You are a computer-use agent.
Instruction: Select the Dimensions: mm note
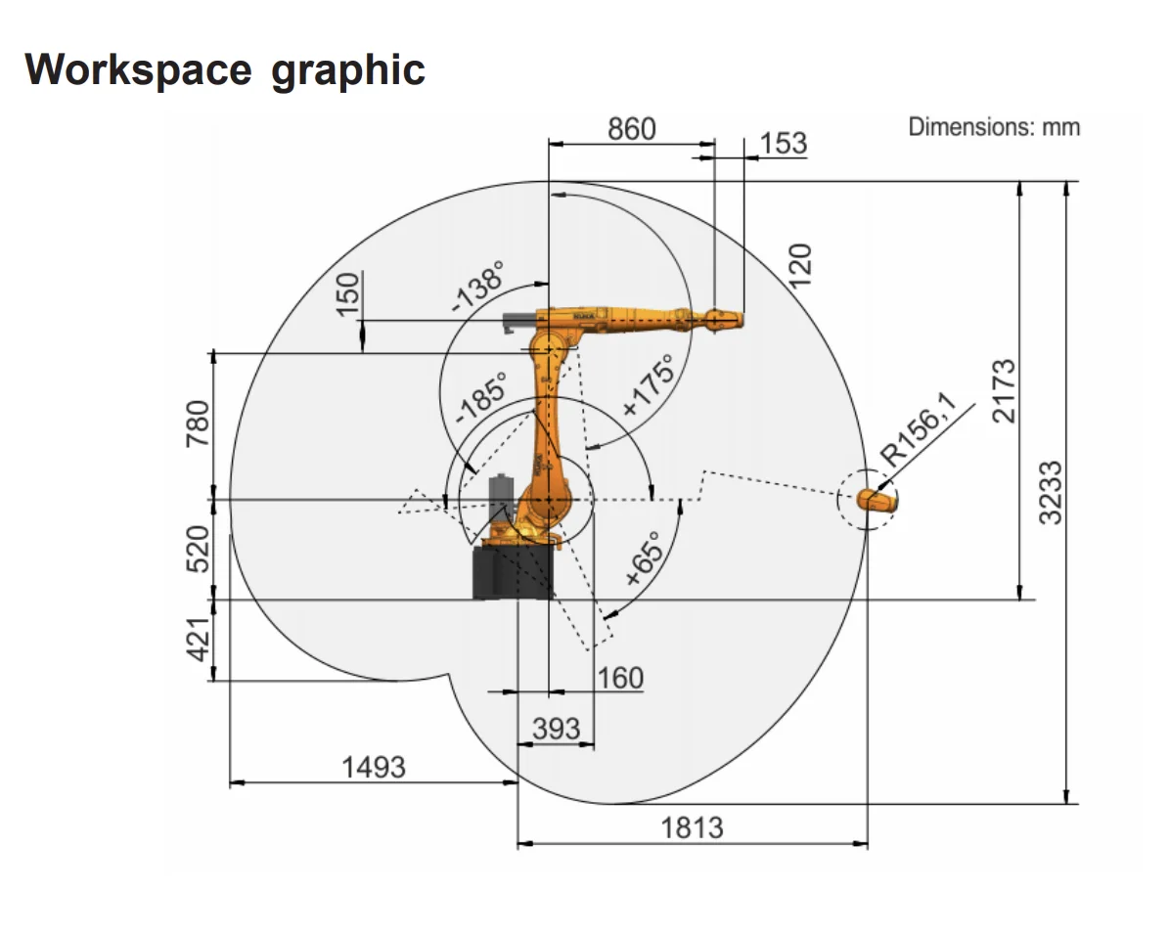[993, 127]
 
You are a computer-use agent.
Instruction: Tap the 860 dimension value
[632, 128]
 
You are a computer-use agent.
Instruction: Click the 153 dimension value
[784, 144]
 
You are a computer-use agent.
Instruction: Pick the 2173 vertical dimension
[1004, 391]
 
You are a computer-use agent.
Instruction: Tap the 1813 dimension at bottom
[693, 827]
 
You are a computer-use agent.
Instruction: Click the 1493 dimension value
[373, 767]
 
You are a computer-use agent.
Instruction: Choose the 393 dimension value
[556, 729]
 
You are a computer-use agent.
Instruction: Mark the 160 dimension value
[620, 678]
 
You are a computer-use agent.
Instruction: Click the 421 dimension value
[199, 640]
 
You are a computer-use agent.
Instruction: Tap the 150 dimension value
[348, 293]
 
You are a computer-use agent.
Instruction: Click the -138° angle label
[477, 287]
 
